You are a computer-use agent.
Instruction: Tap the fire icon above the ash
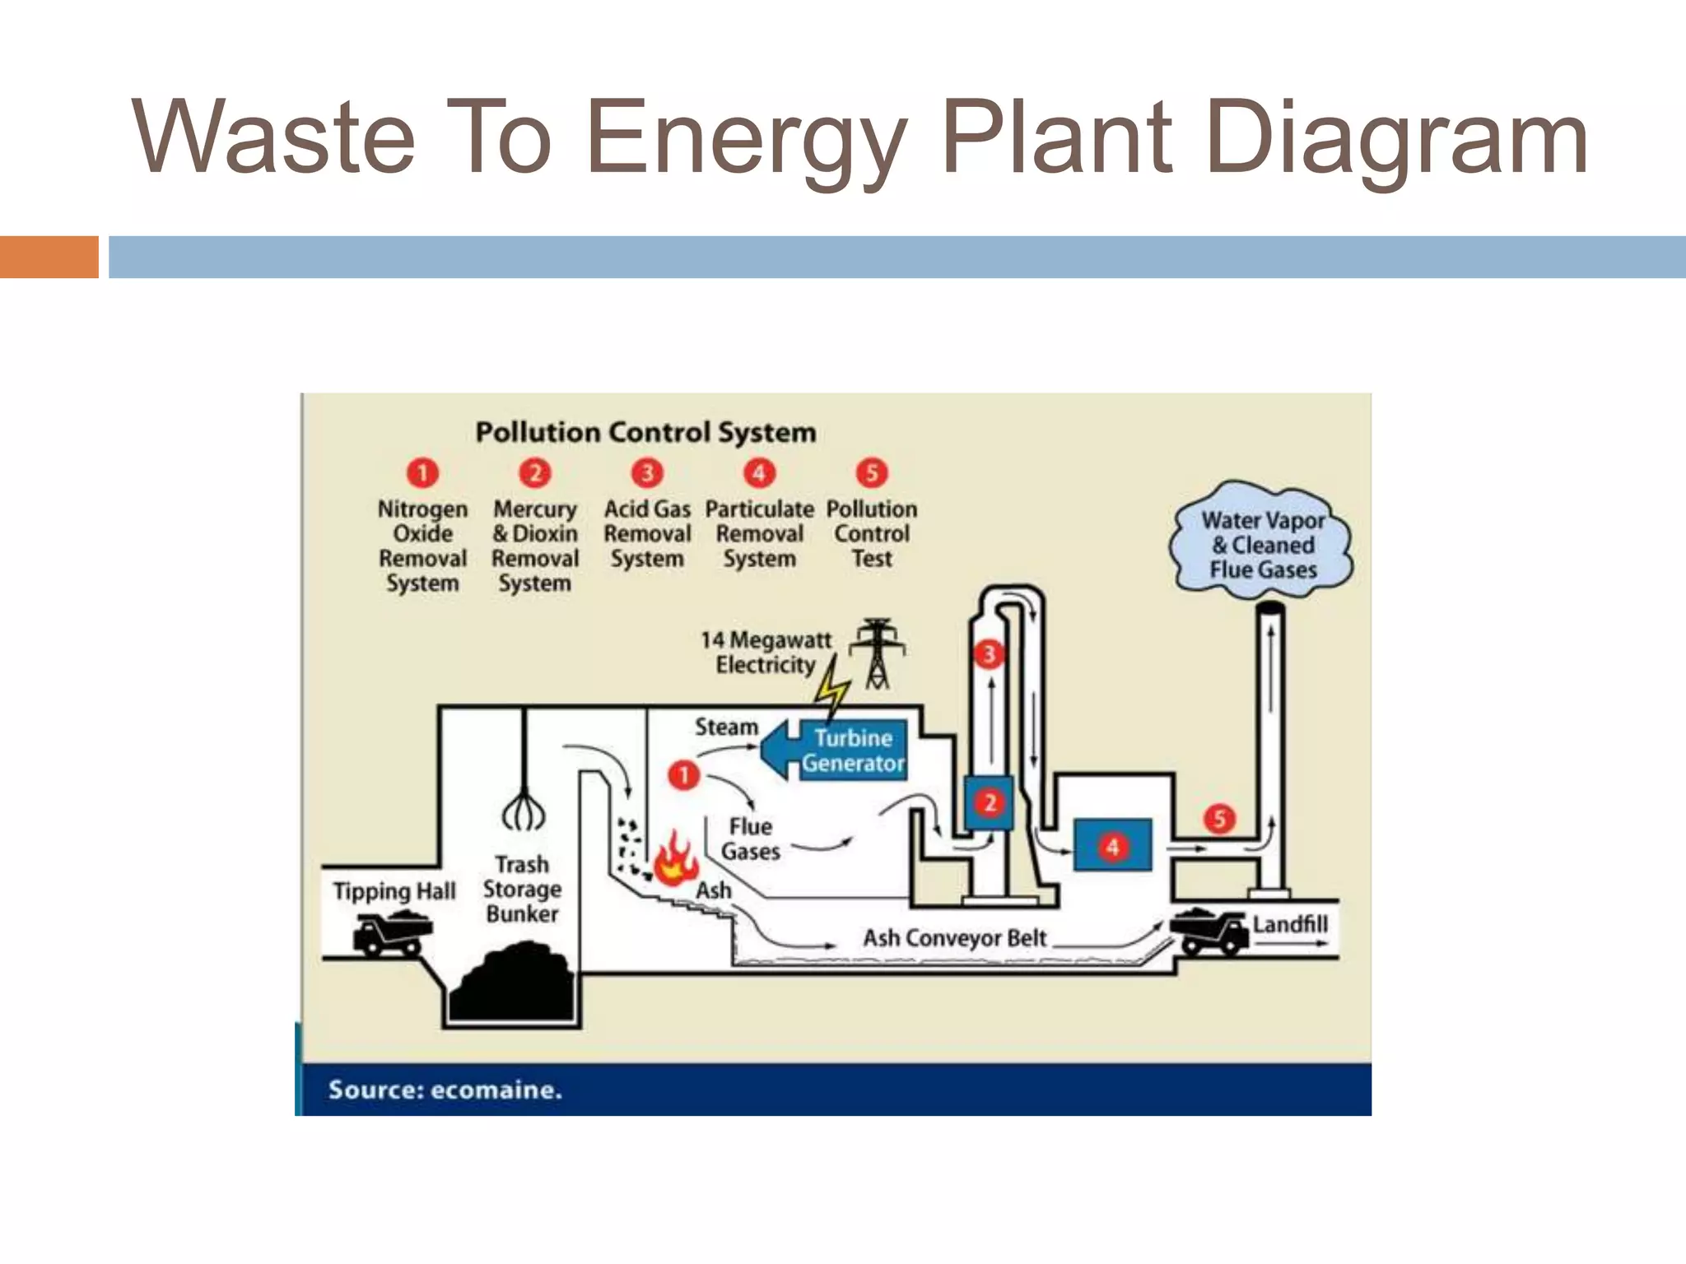675,859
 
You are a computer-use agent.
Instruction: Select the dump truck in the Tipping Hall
392,935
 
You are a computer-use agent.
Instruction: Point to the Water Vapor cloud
1262,544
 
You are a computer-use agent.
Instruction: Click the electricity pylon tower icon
878,653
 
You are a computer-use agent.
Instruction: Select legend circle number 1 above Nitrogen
422,473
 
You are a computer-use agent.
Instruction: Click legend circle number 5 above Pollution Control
871,473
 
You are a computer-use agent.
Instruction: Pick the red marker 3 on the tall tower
989,654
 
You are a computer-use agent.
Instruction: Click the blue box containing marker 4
1112,845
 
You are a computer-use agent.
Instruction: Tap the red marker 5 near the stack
1219,818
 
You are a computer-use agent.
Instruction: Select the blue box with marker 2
990,802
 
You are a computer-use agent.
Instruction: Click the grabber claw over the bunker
524,811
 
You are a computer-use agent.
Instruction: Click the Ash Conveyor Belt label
954,938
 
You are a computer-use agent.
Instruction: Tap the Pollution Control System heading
645,432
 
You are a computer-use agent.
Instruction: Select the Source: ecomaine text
445,1090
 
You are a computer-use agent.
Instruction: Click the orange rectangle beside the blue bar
49,257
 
